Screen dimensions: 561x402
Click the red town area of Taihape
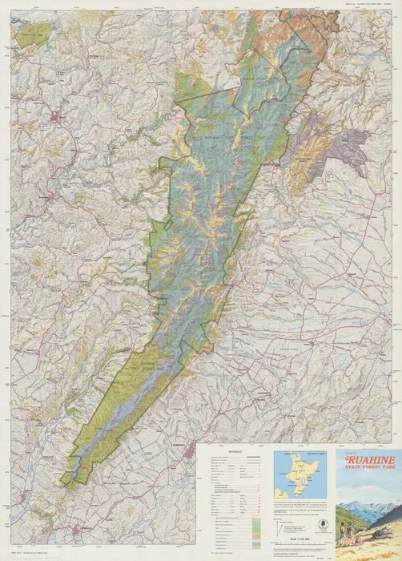click(x=54, y=121)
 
